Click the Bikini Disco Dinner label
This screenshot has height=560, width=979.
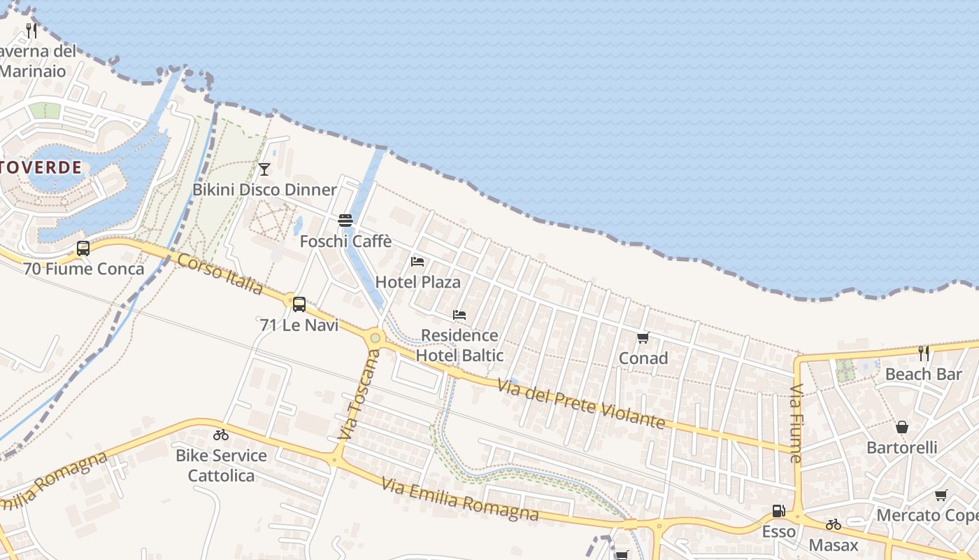[264, 190]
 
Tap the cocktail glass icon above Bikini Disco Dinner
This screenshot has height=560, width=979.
[264, 169]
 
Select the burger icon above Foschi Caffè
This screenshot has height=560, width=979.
[345, 220]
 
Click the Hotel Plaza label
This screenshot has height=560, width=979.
[417, 282]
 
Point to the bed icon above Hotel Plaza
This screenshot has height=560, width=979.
[417, 262]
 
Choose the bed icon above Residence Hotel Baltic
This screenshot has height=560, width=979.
[459, 315]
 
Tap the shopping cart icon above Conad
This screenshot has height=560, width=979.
[643, 338]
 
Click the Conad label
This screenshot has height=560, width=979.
[643, 358]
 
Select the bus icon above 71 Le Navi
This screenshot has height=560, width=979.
[299, 304]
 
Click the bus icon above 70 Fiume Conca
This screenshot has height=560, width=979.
[83, 248]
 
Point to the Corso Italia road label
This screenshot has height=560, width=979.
[220, 274]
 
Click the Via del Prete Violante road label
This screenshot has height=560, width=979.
[580, 404]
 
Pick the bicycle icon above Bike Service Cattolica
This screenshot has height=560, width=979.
[221, 435]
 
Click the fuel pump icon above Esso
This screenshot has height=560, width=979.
[778, 511]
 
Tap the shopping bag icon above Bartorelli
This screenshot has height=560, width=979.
[902, 427]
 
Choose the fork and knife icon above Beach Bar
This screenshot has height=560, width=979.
[924, 353]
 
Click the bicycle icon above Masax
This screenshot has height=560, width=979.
[834, 524]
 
